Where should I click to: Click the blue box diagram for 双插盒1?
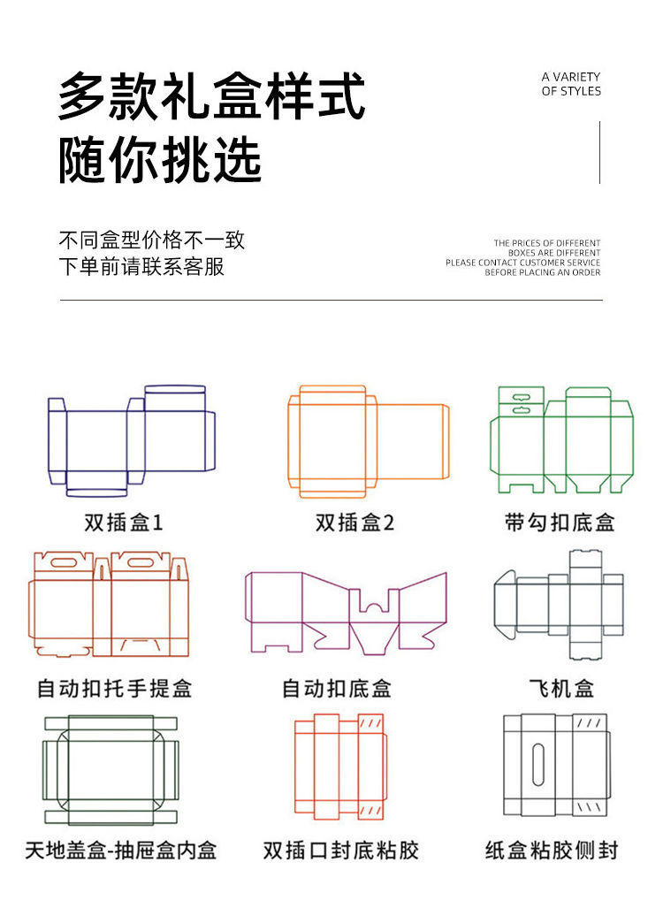[130, 440]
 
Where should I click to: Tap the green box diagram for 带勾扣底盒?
[562, 439]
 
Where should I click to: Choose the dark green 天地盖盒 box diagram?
[110, 767]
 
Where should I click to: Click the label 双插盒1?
[124, 523]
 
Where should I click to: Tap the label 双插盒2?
[354, 523]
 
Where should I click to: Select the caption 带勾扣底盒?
[560, 523]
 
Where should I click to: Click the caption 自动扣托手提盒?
[115, 688]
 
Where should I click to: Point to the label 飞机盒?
[560, 688]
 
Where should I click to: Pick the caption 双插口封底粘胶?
[341, 851]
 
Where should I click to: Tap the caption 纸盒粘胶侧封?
[552, 851]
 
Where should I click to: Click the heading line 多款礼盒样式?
[212, 97]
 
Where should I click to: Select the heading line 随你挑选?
[161, 161]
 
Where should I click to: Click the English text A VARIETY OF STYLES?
[571, 84]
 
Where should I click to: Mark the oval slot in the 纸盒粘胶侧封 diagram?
[538, 763]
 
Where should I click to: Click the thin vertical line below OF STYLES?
[599, 152]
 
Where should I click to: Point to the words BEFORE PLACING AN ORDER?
[542, 272]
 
